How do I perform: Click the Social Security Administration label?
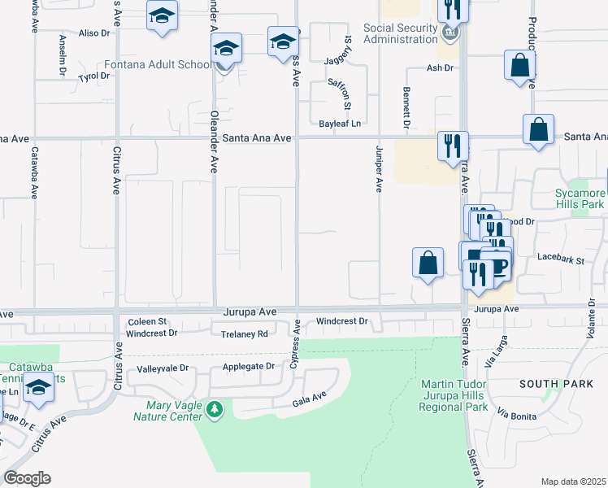(x=402, y=34)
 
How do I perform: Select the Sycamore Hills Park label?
(x=580, y=199)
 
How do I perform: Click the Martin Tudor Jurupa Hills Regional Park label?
(x=454, y=394)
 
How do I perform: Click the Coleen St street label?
(x=146, y=322)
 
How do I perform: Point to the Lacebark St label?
(x=561, y=260)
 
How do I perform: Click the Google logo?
(x=27, y=478)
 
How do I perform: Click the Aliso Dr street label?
(x=93, y=33)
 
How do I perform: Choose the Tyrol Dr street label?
(x=93, y=76)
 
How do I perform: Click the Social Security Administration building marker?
(x=452, y=33)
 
